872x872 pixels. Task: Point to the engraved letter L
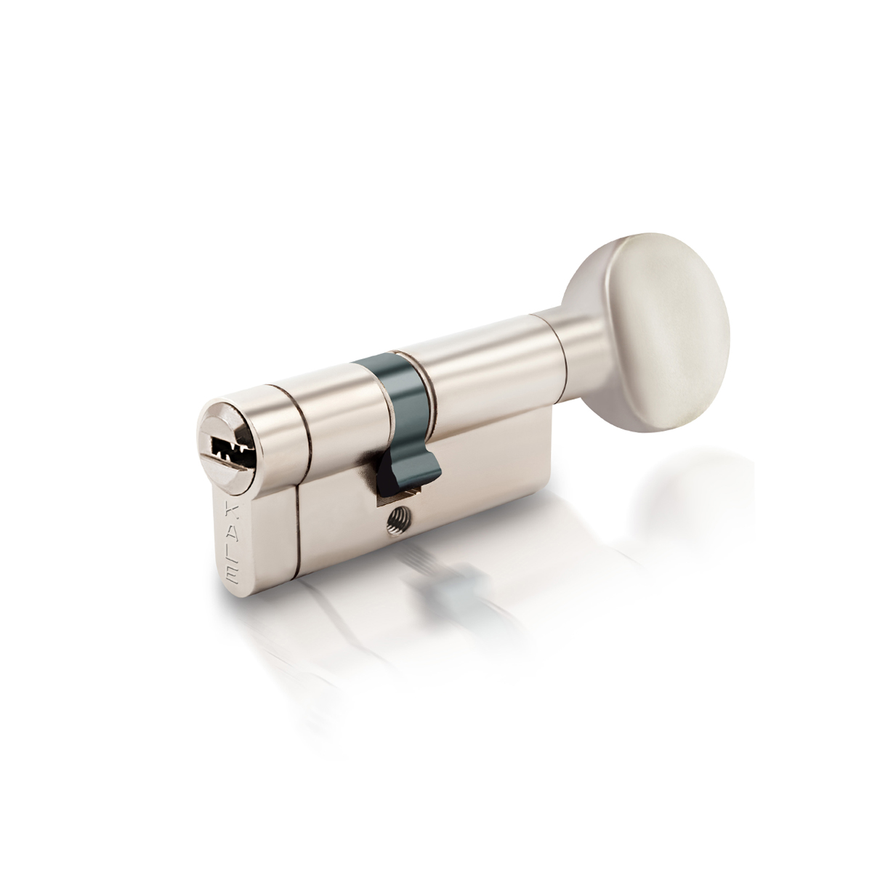(231, 553)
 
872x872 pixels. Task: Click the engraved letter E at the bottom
(232, 573)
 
